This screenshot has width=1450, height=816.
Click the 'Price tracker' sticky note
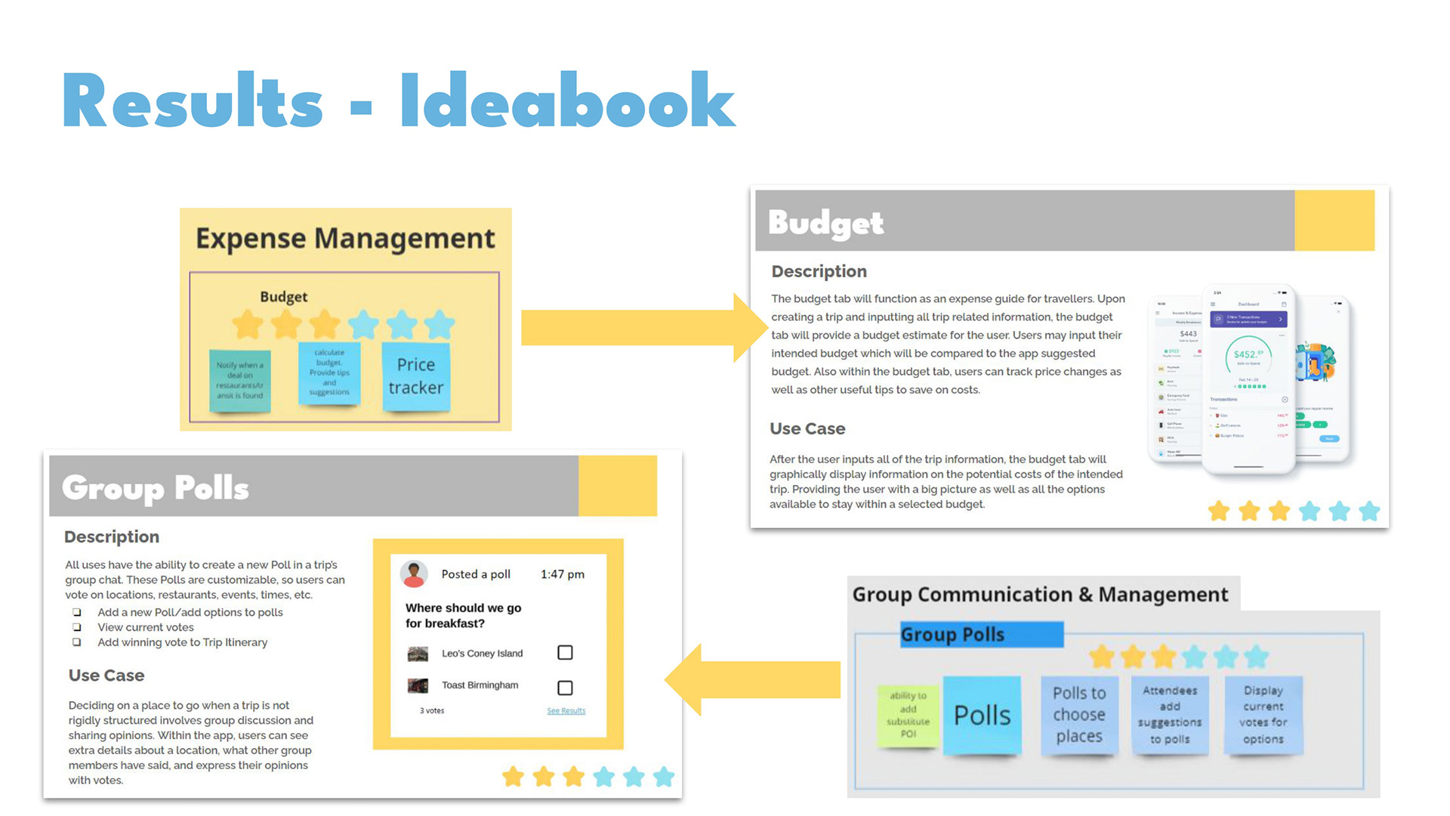click(416, 376)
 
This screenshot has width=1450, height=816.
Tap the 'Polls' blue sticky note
click(982, 715)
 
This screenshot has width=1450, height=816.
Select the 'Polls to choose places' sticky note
click(1078, 715)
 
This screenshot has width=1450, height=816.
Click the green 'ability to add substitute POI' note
click(908, 714)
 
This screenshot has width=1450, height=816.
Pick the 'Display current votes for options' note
click(1263, 715)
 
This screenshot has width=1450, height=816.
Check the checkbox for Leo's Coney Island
click(565, 653)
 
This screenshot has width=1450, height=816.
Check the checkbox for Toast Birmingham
click(565, 688)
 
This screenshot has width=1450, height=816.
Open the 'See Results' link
click(566, 711)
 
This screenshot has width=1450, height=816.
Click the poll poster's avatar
click(414, 574)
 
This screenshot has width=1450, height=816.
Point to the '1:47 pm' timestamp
click(563, 574)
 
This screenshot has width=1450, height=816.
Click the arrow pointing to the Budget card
click(642, 328)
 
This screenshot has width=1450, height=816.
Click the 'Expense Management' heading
click(345, 239)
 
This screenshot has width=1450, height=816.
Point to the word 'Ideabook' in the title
click(567, 101)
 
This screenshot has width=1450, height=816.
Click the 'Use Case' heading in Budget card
click(807, 428)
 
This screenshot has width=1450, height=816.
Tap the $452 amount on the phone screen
click(1248, 354)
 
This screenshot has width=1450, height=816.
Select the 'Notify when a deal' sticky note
click(239, 381)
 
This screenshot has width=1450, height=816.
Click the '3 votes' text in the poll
click(432, 711)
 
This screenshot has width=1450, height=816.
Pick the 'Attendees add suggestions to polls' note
click(1170, 715)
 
